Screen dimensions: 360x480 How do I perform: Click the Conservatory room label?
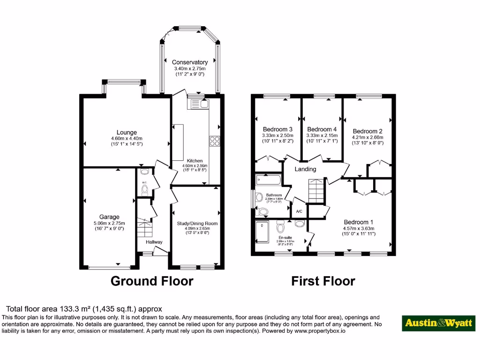189,62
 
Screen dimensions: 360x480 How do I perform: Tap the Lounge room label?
127,133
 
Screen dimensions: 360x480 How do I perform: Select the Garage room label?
109,217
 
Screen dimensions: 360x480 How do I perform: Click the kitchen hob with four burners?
215,141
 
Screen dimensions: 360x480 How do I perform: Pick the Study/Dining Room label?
197,224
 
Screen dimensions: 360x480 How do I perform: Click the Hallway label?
154,242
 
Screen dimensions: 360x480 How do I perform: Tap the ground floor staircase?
144,229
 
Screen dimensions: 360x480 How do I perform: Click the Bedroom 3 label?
277,130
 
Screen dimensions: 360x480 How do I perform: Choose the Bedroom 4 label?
322,130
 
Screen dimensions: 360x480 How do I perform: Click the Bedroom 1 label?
359,222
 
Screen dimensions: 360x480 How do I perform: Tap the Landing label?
305,169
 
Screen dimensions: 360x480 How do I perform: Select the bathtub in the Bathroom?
268,180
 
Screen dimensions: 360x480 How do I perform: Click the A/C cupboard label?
299,211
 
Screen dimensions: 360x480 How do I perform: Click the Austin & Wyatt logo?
439,323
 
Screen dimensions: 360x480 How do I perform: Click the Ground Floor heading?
151,281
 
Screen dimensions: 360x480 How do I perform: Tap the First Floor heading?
323,281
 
